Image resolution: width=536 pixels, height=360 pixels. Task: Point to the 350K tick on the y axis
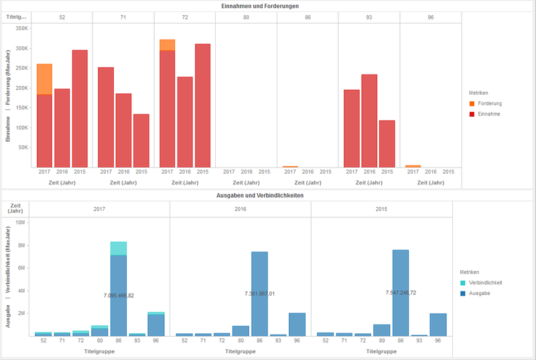[x=21, y=29]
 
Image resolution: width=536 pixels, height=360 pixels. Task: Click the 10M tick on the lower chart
[x=20, y=223]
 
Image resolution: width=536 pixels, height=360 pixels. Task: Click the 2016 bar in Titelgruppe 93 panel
[x=369, y=121]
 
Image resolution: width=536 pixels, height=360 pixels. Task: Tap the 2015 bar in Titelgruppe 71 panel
[x=141, y=140]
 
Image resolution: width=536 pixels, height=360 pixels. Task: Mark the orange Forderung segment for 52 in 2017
[x=44, y=79]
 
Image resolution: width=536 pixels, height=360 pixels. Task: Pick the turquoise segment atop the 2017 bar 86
[x=119, y=248]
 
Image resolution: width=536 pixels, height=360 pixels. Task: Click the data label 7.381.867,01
[x=259, y=293]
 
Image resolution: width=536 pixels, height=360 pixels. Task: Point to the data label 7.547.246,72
[x=401, y=293]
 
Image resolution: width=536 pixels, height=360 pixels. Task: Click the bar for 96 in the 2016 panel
[x=297, y=324]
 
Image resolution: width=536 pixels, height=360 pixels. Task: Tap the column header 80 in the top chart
[x=246, y=16]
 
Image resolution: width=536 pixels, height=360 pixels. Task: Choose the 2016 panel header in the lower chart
[x=241, y=208]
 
